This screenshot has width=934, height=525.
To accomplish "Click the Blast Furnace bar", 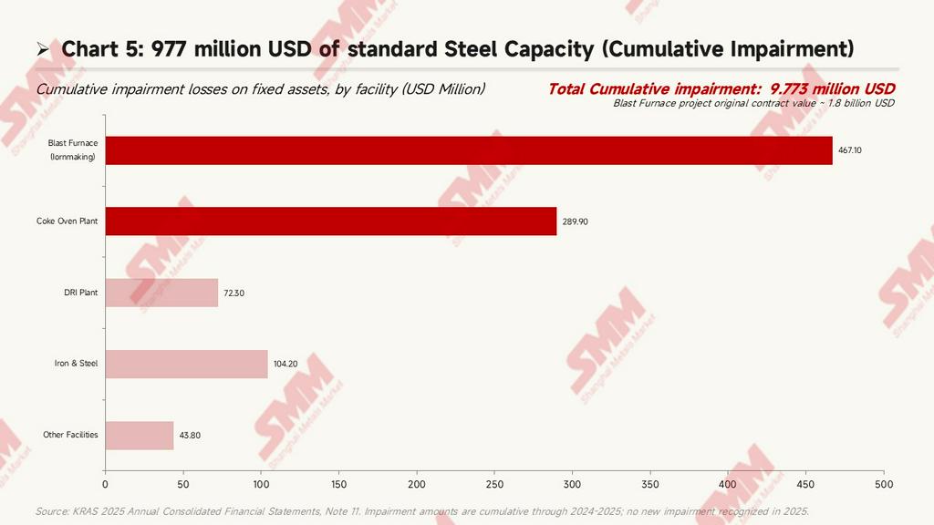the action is tap(469, 150).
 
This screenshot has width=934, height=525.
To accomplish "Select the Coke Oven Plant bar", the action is tap(331, 221).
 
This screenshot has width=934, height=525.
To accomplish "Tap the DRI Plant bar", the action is tap(162, 293).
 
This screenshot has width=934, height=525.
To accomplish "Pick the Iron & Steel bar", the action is tap(186, 364).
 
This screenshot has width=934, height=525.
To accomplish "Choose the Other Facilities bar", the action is tap(140, 435).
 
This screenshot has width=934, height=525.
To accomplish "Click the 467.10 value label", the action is tap(850, 150).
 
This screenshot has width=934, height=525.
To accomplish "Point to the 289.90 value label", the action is tap(575, 221).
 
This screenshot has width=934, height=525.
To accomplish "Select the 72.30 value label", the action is tap(234, 293).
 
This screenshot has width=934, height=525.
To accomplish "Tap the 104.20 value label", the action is tap(285, 364).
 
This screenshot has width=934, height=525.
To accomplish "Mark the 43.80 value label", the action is tap(190, 435).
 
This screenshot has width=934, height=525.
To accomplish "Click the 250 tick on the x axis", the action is tap(494, 485).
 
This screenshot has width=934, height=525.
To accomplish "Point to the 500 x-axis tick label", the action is tap(884, 485).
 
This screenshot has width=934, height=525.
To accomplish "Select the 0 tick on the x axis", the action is tap(106, 485).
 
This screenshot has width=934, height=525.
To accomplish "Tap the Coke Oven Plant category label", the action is tap(67, 221).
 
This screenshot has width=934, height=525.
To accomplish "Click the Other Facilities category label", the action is tap(70, 435).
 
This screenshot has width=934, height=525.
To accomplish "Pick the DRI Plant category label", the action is tap(81, 293).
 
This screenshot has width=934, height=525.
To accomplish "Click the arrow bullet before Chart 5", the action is tap(42, 49).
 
